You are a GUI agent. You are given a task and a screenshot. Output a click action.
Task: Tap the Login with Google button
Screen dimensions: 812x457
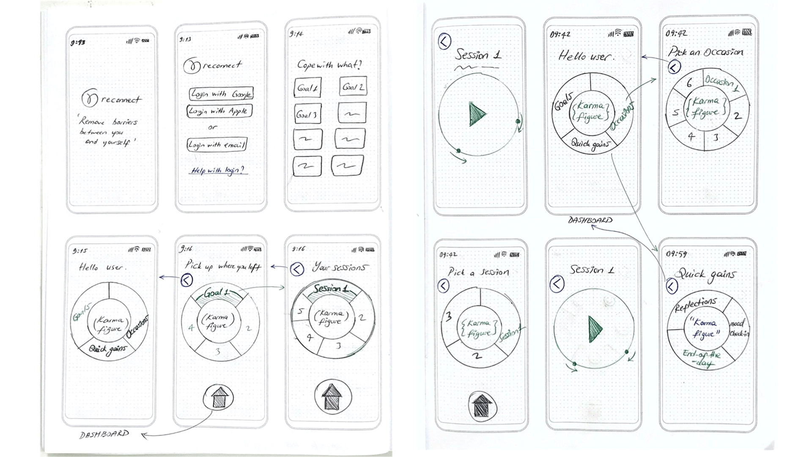[x=221, y=94]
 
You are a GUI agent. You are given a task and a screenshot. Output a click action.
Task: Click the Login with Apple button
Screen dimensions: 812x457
[x=219, y=111]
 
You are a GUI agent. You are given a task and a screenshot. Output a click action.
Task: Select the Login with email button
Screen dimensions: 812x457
[x=217, y=145]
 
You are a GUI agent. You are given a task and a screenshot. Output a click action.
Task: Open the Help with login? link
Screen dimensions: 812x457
[x=217, y=170]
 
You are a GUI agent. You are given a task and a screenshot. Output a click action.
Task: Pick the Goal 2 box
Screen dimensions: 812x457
[x=353, y=87]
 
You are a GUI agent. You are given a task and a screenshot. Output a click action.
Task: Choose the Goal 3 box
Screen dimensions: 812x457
[x=307, y=114]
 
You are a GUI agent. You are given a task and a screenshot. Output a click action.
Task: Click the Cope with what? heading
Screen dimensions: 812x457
[x=329, y=65]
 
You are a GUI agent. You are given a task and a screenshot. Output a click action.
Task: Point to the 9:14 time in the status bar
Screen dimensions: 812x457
[x=296, y=33]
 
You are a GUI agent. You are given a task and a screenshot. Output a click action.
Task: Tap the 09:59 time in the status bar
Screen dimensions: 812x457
[x=676, y=254]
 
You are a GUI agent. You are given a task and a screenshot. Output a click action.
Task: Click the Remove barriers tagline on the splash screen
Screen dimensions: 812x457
[x=108, y=132]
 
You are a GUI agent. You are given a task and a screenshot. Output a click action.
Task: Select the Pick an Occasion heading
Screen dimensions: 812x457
[x=705, y=52]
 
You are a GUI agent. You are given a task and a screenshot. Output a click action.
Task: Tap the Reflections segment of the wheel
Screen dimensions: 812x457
[x=695, y=305]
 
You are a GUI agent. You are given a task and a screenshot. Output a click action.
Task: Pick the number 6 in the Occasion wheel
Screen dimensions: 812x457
[x=689, y=83]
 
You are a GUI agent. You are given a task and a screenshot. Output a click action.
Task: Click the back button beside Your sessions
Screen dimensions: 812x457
[x=297, y=269]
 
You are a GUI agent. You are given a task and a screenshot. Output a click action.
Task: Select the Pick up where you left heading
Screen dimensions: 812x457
[x=223, y=266]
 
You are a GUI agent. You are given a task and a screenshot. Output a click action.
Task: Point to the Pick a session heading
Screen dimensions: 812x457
[x=478, y=272]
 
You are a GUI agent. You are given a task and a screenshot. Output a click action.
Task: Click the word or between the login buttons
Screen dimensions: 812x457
[x=212, y=127]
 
